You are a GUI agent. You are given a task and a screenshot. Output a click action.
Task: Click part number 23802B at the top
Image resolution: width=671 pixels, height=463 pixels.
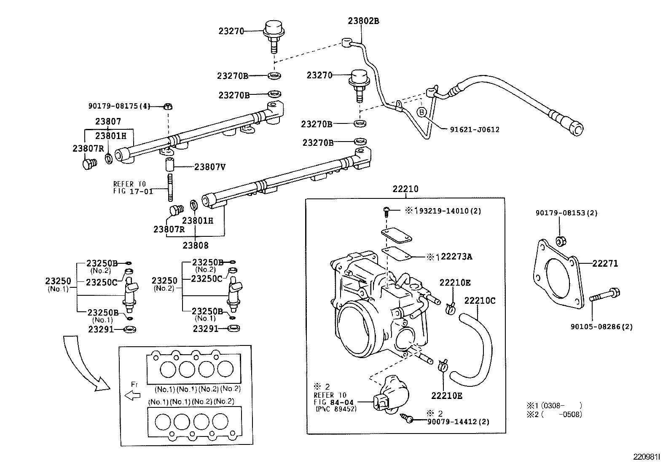(363, 21)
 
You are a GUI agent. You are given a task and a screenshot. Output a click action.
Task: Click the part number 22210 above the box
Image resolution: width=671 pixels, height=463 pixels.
(405, 189)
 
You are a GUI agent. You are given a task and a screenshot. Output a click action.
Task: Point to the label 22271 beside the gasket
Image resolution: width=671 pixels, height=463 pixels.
(605, 264)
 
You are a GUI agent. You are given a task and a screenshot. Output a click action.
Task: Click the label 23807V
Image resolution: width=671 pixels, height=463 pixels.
(209, 167)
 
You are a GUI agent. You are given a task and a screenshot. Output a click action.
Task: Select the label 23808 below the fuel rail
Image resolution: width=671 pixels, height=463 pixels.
(196, 245)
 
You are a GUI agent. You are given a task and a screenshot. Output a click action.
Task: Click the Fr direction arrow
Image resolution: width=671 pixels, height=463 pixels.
(133, 396)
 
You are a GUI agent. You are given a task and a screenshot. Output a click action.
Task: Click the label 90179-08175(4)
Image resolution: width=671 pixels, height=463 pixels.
(119, 106)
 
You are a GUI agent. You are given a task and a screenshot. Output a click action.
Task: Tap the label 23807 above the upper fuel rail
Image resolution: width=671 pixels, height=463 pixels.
(108, 121)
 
